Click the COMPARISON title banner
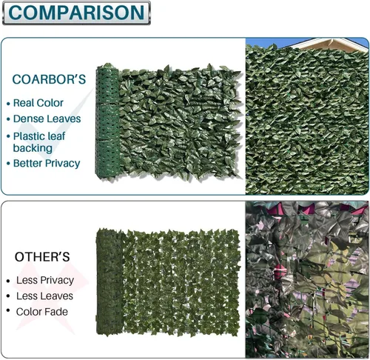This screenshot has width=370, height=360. click(76, 13)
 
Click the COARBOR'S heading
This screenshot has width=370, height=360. click(49, 79)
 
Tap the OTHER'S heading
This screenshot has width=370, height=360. click(42, 257)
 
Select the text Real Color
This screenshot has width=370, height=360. click(38, 103)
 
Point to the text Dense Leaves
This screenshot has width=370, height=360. click(47, 119)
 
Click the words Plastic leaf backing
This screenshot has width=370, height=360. click(39, 142)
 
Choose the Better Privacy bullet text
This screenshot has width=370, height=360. click(47, 164)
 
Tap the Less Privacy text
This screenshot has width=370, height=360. click(45, 280)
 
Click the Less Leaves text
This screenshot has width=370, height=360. click(44, 296)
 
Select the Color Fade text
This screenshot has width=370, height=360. click(42, 312)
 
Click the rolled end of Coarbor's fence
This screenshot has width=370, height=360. click(107, 122)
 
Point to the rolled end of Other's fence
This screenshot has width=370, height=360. click(110, 281)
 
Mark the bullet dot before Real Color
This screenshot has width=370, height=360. click(8, 104)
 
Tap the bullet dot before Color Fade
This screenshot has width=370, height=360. click(8, 310)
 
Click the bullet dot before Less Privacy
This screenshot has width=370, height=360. click(8, 281)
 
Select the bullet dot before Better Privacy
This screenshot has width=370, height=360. click(8, 164)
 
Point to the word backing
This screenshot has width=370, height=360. click(33, 148)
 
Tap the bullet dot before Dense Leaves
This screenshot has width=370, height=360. click(8, 119)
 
